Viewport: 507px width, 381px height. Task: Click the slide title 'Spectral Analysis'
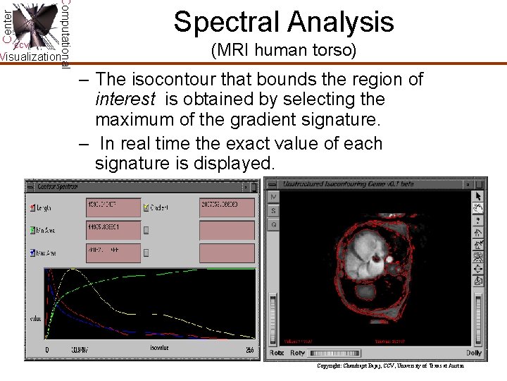284,22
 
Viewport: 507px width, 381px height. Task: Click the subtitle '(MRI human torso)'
284,51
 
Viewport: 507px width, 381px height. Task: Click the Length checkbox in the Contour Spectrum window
32,207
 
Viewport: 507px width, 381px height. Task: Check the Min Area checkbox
32,229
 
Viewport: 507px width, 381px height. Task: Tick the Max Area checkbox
32,253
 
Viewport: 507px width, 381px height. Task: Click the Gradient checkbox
146,207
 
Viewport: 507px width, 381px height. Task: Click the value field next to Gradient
227,207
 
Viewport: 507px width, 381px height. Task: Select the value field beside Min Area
113,229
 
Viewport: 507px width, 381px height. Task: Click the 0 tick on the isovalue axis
47,349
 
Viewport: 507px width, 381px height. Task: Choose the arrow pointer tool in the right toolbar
478,197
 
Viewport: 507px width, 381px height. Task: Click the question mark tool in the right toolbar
478,220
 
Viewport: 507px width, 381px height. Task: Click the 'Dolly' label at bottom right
474,352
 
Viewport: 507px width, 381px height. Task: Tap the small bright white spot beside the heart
389,258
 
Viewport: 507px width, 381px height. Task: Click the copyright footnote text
391,366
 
